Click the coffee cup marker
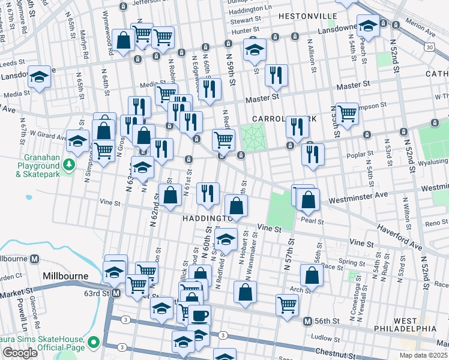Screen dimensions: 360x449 (199, 314)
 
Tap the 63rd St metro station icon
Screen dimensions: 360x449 (116, 293)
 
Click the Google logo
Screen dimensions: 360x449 (20, 353)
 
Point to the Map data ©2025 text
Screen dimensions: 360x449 (423, 356)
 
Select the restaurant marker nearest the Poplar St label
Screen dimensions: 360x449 (313, 153)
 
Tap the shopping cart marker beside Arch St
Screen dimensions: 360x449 (287, 304)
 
